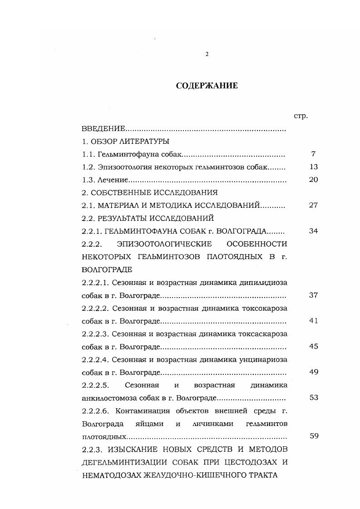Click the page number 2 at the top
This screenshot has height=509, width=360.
pyautogui.click(x=207, y=54)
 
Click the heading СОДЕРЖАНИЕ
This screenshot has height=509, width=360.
pyautogui.click(x=207, y=86)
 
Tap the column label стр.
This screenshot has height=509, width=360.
pyautogui.click(x=301, y=116)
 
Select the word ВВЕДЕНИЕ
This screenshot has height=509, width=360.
pyautogui.click(x=103, y=129)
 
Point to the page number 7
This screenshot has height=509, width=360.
pyautogui.click(x=313, y=154)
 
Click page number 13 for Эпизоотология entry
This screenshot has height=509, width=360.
pyautogui.click(x=313, y=166)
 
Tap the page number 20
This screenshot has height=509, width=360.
pyautogui.click(x=313, y=180)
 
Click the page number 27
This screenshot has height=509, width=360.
pyautogui.click(x=313, y=205)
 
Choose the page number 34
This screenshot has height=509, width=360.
pyautogui.click(x=313, y=231)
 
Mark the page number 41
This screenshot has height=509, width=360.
pyautogui.click(x=313, y=321)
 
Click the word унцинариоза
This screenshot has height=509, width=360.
pyautogui.click(x=266, y=359)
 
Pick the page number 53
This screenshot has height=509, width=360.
pyautogui.click(x=313, y=398)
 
